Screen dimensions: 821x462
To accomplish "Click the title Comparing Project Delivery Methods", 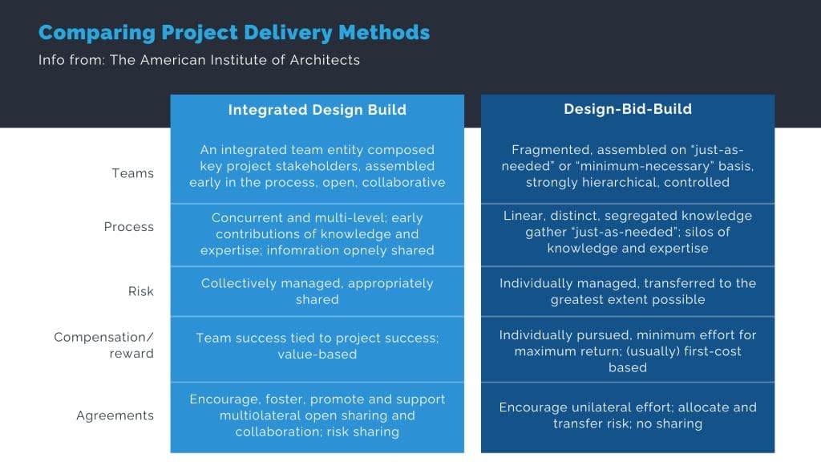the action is [x=234, y=33].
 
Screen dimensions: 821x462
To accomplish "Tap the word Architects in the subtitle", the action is [x=325, y=60].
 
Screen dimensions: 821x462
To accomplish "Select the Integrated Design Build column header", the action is [x=317, y=110].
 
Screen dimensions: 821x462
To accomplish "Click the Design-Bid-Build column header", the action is [x=628, y=109].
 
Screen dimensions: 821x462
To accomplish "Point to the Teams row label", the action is [x=132, y=173].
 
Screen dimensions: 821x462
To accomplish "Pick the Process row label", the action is [x=129, y=227].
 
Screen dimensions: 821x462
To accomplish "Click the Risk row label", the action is [x=141, y=291].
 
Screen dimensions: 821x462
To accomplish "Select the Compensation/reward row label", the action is [x=103, y=345].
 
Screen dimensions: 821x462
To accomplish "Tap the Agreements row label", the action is [x=115, y=415].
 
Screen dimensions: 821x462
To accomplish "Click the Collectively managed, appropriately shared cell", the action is [x=317, y=291].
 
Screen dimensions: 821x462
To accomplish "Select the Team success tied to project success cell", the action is [x=317, y=346].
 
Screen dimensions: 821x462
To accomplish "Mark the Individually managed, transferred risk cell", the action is [x=628, y=291].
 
